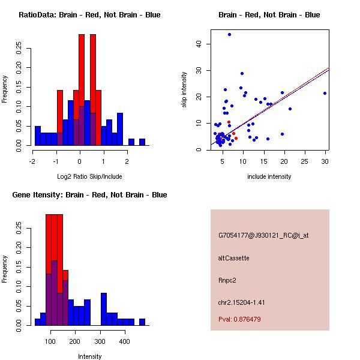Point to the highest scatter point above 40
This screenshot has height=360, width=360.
(x=229, y=34)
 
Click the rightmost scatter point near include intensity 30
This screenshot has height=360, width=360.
(x=325, y=93)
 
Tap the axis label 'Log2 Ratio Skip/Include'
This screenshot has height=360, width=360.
(x=89, y=176)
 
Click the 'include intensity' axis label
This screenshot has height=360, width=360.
(x=269, y=176)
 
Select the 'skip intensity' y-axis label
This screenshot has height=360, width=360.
(x=184, y=90)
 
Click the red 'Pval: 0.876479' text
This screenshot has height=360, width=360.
(x=239, y=320)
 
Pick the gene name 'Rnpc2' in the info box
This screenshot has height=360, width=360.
(x=227, y=280)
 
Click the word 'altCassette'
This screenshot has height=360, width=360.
(x=233, y=258)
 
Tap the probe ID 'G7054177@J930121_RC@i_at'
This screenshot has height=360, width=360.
(x=263, y=236)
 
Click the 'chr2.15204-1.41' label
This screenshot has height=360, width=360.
(x=241, y=302)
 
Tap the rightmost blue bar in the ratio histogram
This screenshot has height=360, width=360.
(x=142, y=142)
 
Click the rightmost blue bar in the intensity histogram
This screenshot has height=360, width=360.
(x=142, y=322)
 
